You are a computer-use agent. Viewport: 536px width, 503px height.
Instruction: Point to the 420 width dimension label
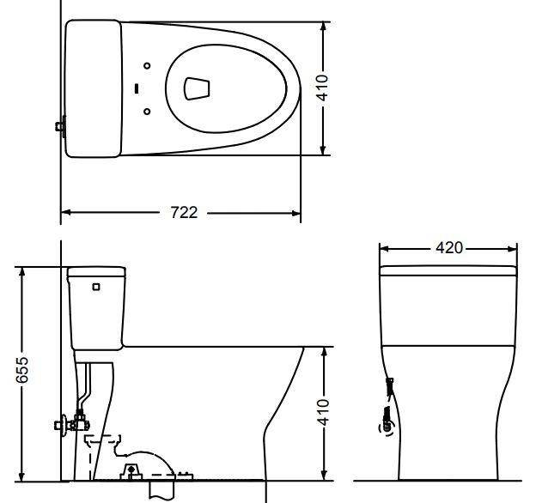pyautogui.click(x=448, y=248)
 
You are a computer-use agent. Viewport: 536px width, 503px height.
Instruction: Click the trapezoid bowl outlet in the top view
pyautogui.click(x=197, y=87)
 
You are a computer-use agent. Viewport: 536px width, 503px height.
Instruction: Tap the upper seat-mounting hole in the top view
pyautogui.click(x=147, y=65)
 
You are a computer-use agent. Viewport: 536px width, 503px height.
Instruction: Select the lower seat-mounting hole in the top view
pyautogui.click(x=147, y=111)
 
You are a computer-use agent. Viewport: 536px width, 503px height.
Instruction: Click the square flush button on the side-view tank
pyautogui.click(x=96, y=287)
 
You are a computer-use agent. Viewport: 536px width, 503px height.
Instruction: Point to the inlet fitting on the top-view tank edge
pyautogui.click(x=60, y=127)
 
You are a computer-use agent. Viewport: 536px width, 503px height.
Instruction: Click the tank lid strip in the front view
pyautogui.click(x=448, y=271)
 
